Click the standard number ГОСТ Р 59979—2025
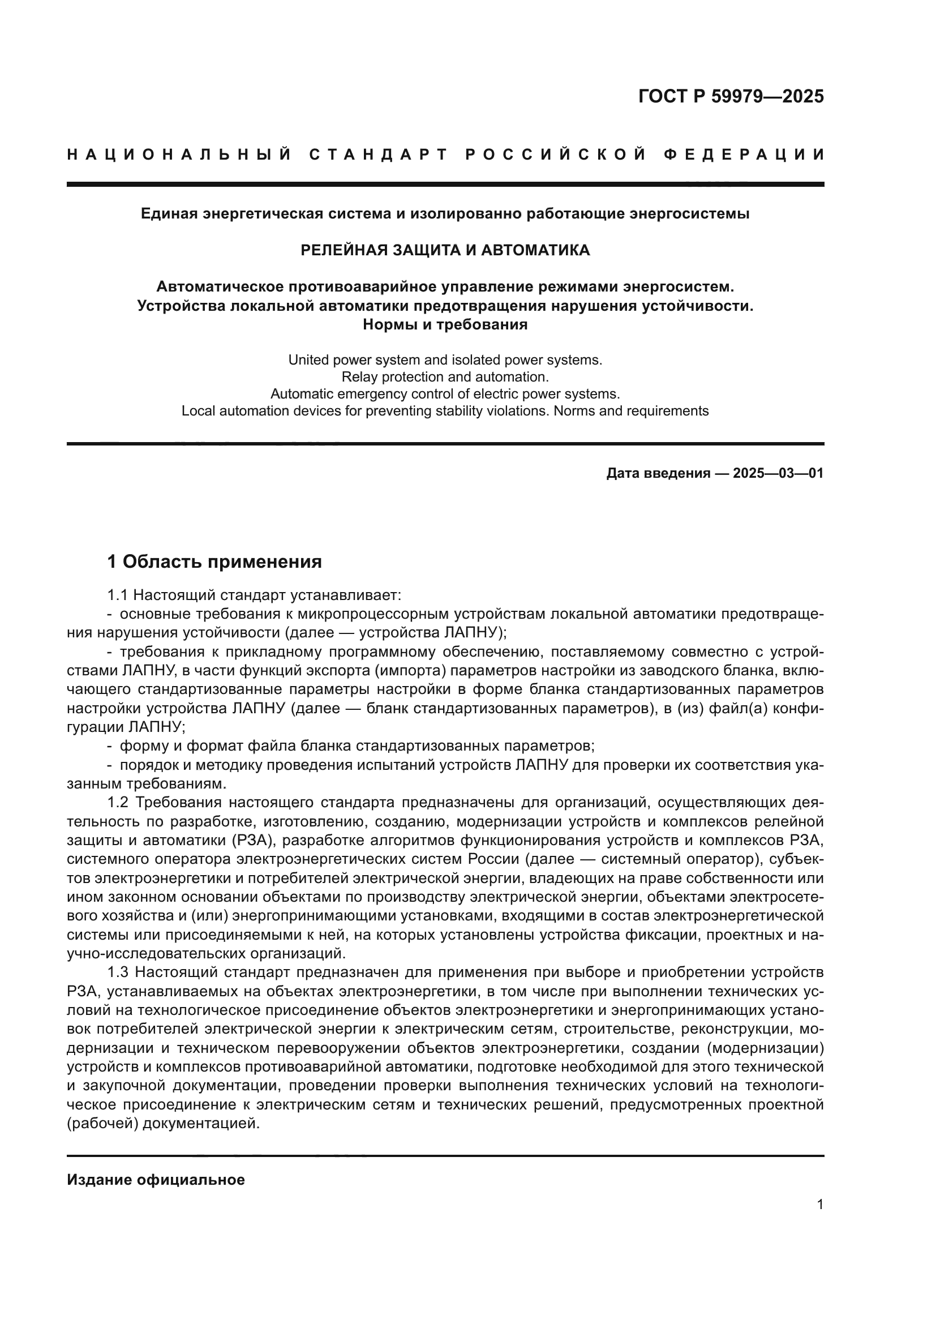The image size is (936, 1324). coord(731,96)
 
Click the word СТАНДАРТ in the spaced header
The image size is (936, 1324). coord(378,155)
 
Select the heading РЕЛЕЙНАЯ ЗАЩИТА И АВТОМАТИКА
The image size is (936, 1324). coord(445,250)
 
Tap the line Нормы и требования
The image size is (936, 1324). coord(445,325)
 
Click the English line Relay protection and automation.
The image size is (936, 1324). coord(445,377)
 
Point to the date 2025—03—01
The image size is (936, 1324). coord(778,473)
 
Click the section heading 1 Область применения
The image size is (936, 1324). coord(214,562)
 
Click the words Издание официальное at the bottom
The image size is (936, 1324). coord(156,1180)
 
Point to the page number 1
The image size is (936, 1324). coord(820,1205)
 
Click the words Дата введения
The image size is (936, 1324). coord(658,473)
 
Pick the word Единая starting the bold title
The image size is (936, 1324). coord(166,214)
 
